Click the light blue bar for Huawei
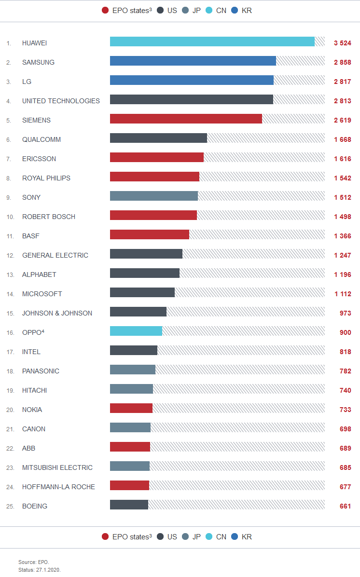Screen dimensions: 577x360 212,42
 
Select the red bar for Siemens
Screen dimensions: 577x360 186,119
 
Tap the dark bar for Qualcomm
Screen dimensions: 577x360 158,138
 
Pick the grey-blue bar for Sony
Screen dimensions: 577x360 154,196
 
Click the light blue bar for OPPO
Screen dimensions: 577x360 136,331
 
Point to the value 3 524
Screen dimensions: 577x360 342,43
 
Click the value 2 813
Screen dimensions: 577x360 342,101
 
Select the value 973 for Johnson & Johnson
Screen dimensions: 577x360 345,313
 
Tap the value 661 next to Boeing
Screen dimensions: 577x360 345,506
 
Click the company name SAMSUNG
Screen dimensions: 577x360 38,62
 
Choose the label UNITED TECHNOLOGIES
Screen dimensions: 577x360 61,101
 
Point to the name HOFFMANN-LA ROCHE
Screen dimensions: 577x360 58,487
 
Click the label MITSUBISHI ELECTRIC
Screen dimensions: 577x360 57,467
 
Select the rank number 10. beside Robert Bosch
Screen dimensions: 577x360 10,217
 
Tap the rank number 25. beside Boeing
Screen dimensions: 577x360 10,506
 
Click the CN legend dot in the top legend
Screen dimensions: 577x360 209,10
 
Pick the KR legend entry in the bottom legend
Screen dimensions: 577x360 241,536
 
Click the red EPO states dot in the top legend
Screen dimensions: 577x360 105,10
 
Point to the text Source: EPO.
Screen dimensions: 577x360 34,562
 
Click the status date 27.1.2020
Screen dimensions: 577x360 48,570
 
